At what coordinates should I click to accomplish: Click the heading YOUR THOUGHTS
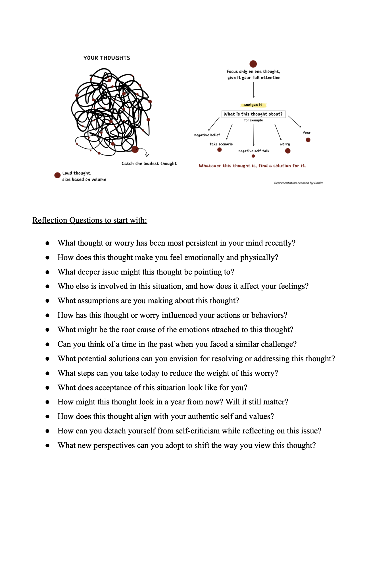coord(107,58)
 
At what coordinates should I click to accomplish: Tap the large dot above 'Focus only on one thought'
coord(253,64)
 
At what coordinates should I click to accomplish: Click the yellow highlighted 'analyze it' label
coord(253,105)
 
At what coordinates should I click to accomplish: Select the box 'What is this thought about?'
coord(253,114)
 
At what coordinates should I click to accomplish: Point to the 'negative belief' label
coord(207,135)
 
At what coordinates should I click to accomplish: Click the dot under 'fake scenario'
coord(219,150)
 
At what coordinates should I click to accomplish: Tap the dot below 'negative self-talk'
coord(253,156)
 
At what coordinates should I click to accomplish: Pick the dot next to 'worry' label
coord(288,151)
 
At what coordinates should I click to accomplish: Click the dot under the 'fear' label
coord(308,140)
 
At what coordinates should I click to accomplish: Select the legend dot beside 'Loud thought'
coord(57,175)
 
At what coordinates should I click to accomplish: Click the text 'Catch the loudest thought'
coord(149,163)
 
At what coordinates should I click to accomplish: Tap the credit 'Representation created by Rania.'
coord(299,183)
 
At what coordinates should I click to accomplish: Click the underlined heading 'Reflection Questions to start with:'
coord(90,220)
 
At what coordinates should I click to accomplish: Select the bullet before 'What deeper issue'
coord(48,272)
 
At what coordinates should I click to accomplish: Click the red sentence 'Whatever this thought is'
coord(252,166)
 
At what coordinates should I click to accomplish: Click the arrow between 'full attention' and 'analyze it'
coord(254,90)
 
